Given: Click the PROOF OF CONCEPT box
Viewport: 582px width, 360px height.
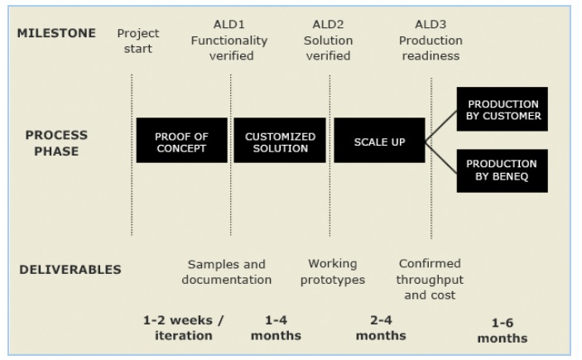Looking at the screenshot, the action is (x=182, y=141).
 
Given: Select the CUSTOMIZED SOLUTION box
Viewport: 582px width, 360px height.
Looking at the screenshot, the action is (x=280, y=141).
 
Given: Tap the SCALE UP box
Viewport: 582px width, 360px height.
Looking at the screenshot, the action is (x=379, y=141).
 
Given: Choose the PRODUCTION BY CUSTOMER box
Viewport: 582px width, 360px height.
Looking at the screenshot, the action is (x=503, y=109).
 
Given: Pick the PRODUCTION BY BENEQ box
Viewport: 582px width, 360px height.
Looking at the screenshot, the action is (x=503, y=170).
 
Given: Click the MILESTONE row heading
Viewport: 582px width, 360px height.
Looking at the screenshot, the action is (x=56, y=33).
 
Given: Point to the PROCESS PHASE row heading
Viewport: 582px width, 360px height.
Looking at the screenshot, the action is (x=56, y=143).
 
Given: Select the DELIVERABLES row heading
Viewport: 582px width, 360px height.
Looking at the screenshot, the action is (x=70, y=270).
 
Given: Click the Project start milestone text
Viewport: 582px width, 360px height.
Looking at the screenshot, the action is (x=138, y=41).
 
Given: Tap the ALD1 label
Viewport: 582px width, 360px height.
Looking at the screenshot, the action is (x=229, y=24).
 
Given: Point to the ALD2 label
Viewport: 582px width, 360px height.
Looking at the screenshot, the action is (x=328, y=24).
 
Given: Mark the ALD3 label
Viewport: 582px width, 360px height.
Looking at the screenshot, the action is (x=430, y=24).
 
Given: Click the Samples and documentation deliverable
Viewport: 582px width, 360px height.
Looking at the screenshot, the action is (x=226, y=272).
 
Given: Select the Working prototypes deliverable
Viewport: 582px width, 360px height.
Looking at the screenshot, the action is (x=333, y=271).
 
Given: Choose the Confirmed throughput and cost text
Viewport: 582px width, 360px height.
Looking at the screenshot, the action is (x=430, y=279).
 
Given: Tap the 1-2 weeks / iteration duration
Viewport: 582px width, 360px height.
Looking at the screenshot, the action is (x=183, y=328).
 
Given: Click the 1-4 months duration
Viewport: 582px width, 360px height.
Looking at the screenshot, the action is (x=276, y=328).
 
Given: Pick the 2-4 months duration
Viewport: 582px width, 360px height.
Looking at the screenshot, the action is (x=381, y=328).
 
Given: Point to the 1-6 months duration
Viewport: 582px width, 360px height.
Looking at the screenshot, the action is (x=503, y=330).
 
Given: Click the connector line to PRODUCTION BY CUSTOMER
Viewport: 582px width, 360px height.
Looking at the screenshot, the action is (x=441, y=126).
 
